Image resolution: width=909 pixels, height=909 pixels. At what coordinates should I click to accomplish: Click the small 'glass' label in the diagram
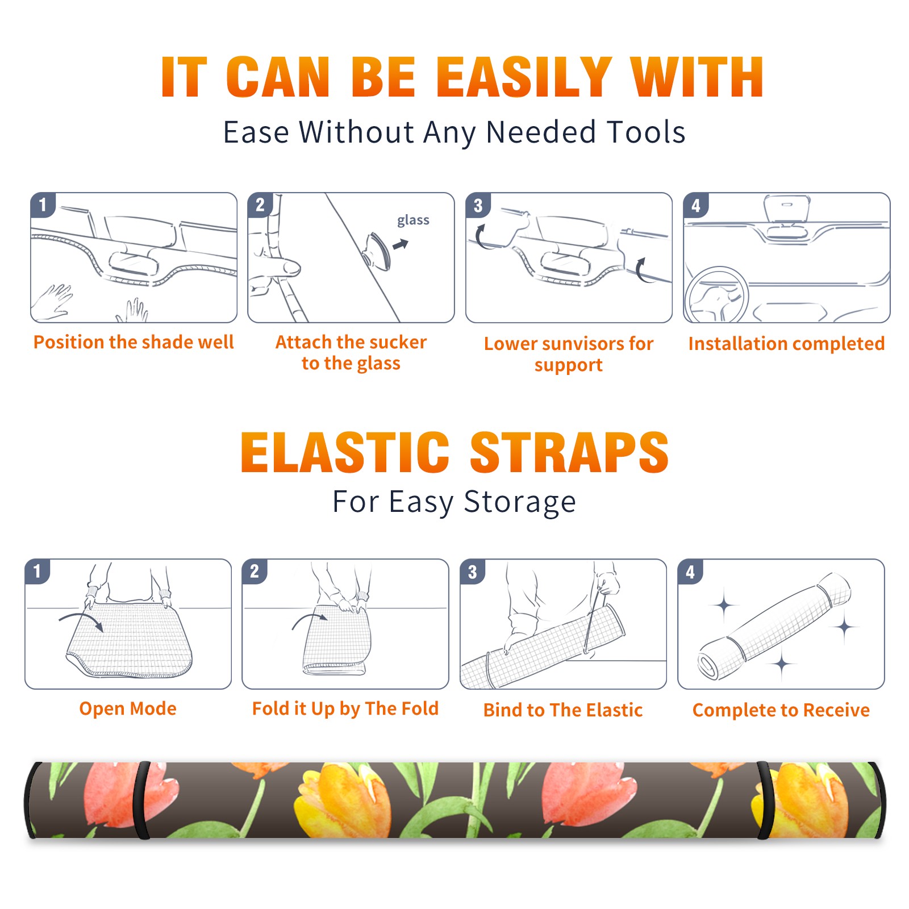point(413,220)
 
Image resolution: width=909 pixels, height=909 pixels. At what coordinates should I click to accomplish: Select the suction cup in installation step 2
point(377,251)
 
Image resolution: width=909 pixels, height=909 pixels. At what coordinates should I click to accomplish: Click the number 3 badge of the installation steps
point(478,205)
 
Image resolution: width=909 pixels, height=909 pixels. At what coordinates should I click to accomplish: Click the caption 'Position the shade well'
point(134,342)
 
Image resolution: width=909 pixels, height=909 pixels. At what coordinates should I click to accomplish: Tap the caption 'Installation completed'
point(786,343)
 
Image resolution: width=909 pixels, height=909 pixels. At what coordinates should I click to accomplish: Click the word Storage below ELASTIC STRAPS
point(520,502)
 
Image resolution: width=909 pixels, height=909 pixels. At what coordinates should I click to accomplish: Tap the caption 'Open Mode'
point(128,708)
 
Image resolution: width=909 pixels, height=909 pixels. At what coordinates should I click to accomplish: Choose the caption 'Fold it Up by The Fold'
point(345,708)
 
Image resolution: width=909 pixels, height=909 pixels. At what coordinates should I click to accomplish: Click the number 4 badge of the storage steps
point(690,572)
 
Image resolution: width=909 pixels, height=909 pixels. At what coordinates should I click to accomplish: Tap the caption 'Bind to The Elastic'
point(562,710)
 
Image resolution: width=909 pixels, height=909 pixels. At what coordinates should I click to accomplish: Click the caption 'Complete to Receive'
point(781,710)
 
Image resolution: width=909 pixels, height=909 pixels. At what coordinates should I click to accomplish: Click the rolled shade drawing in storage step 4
point(774,626)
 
